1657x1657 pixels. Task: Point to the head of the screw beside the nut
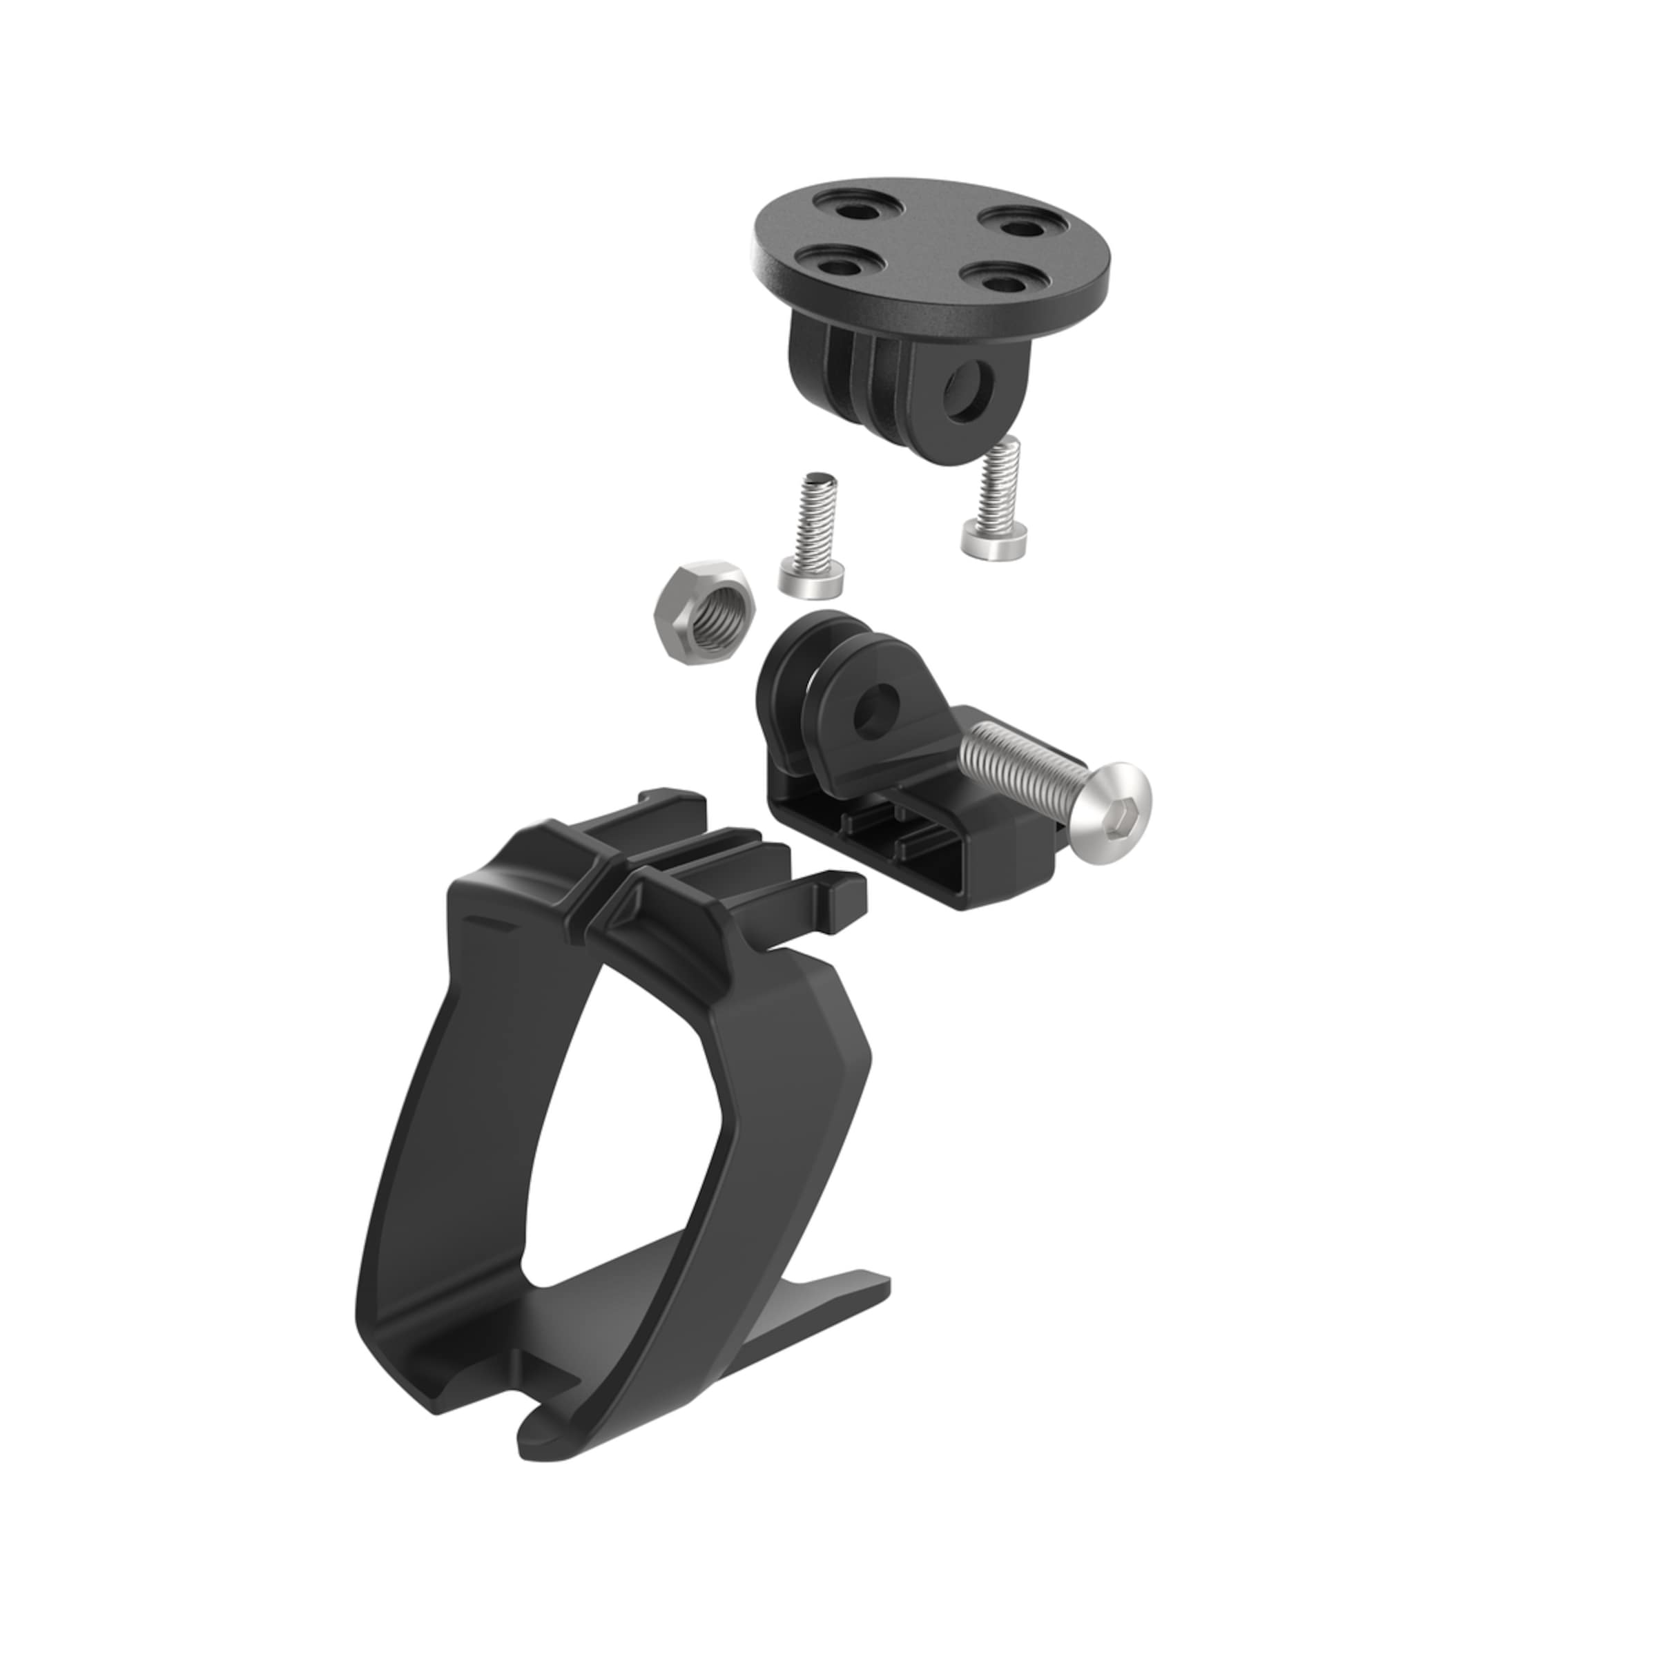tap(811, 579)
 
